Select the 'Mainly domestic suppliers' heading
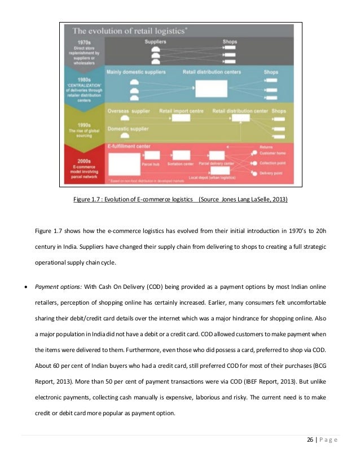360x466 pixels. (136, 73)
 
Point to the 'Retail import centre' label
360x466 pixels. (181, 111)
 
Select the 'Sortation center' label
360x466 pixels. (180, 164)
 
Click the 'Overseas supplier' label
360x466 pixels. (128, 111)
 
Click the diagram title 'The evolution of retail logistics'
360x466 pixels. (133, 31)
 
